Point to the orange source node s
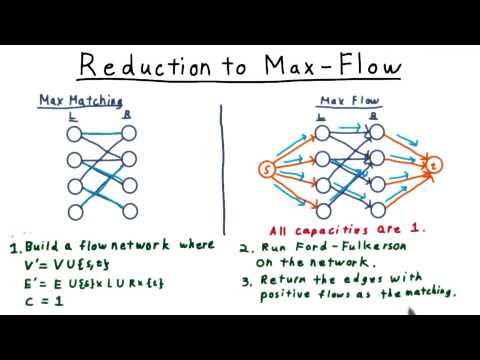click(267, 167)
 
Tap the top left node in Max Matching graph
click(73, 132)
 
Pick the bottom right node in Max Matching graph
click(129, 211)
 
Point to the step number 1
click(13, 248)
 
